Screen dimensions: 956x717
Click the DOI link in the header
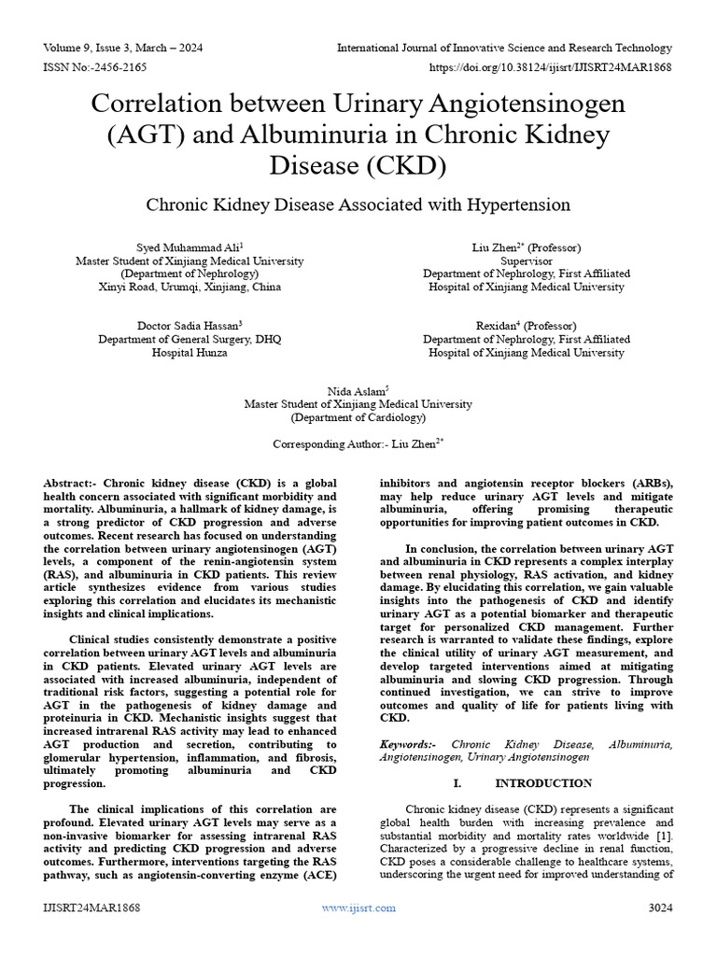pos(550,68)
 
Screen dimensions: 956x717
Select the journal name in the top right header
pos(504,48)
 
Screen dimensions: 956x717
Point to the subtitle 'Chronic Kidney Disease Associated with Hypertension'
pos(358,204)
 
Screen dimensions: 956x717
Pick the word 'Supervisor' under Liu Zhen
pos(527,261)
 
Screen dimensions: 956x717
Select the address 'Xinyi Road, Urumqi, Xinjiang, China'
pos(190,288)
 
